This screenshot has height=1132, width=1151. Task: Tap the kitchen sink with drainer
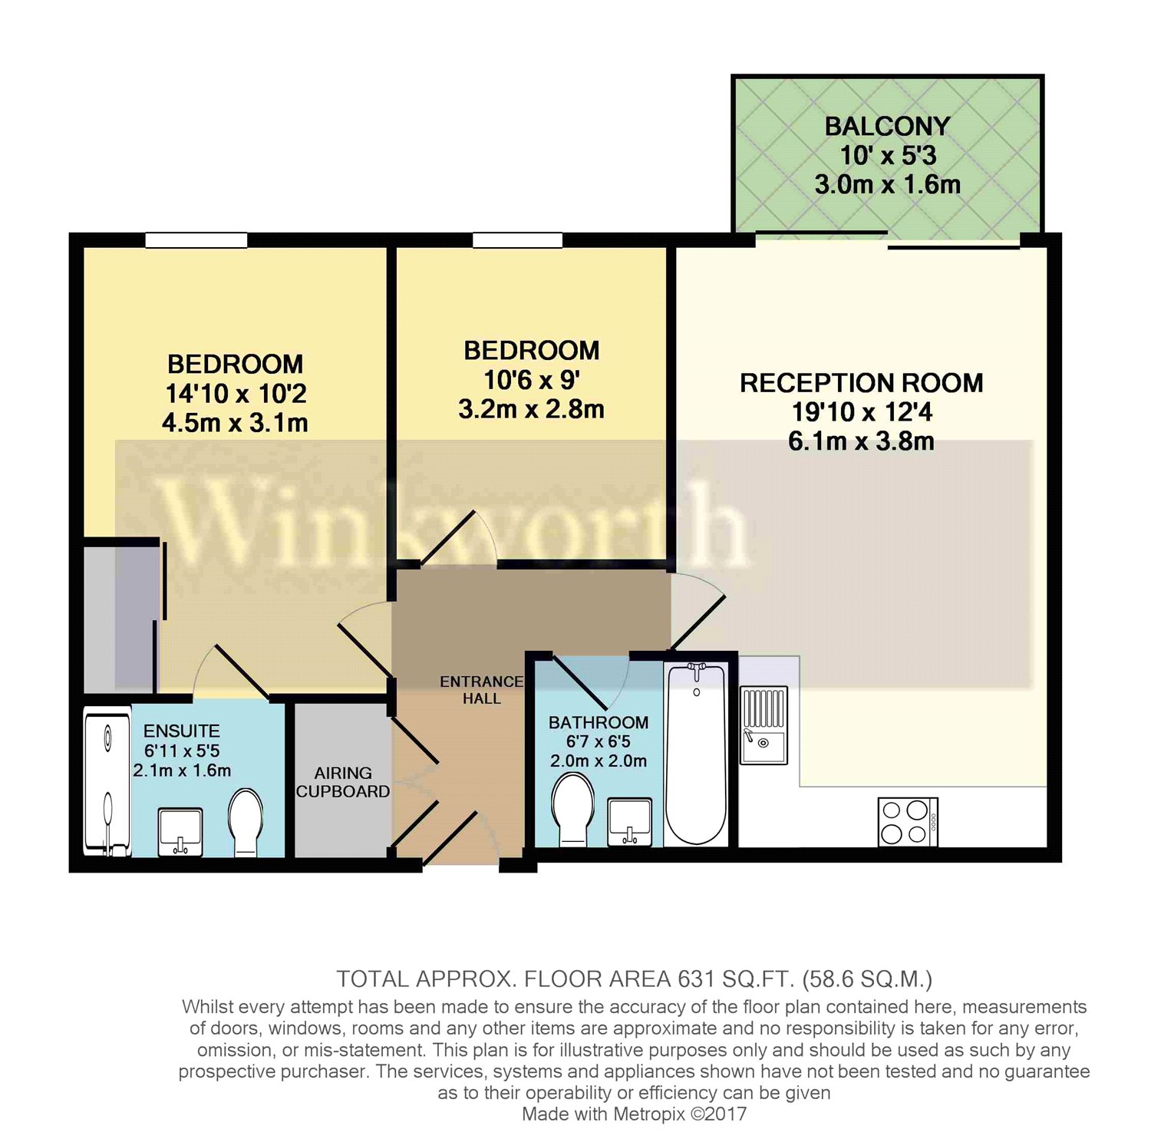(x=763, y=725)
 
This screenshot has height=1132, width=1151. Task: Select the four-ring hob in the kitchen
(x=908, y=822)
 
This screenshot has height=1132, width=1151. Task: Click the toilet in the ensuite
(x=246, y=822)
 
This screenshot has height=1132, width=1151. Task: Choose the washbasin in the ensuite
(x=180, y=831)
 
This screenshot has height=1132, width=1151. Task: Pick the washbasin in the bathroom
(x=629, y=822)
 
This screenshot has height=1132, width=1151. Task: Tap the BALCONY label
(x=887, y=127)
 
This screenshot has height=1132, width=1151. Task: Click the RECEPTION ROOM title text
(x=861, y=383)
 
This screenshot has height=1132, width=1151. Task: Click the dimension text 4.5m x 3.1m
(x=235, y=423)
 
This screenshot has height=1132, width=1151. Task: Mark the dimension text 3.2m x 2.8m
(x=531, y=409)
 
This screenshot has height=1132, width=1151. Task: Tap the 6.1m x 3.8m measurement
(x=861, y=441)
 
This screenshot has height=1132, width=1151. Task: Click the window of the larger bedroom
(x=196, y=240)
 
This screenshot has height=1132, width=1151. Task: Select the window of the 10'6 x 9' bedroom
(x=517, y=240)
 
